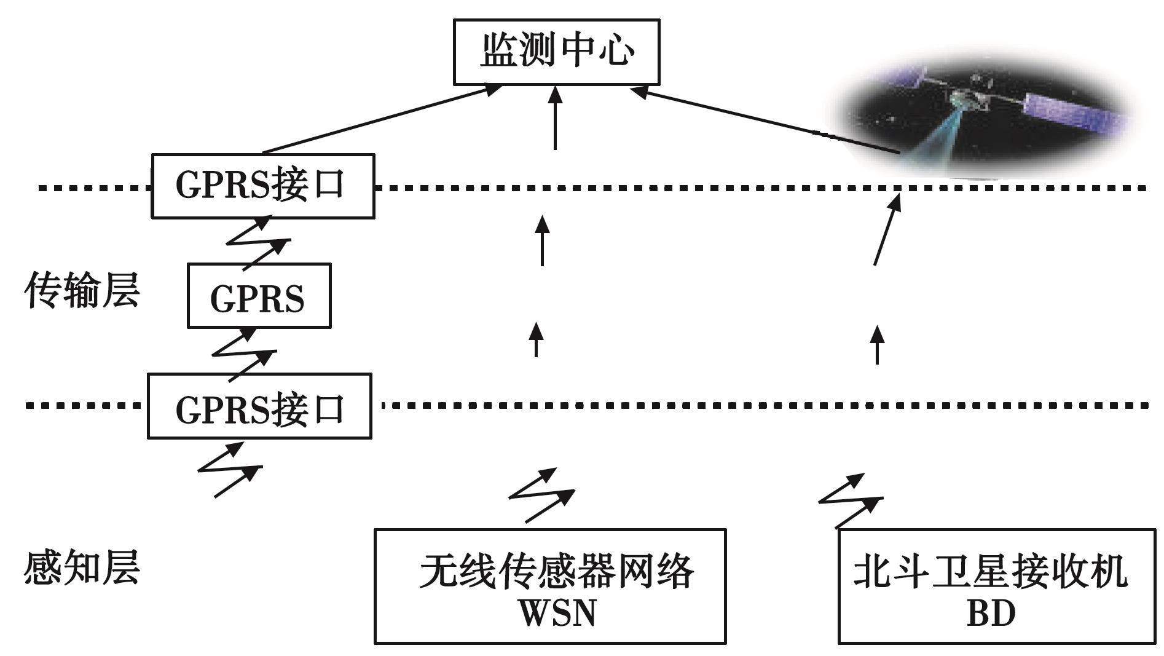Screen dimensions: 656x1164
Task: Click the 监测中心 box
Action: pyautogui.click(x=556, y=52)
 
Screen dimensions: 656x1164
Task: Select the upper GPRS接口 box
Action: pyautogui.click(x=262, y=186)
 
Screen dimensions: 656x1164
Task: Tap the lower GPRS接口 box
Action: pyautogui.click(x=259, y=406)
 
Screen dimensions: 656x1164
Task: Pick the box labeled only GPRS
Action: pyautogui.click(x=259, y=296)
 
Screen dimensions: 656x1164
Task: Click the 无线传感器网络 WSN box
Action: pyautogui.click(x=550, y=586)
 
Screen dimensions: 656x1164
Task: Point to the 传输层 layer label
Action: pyautogui.click(x=82, y=290)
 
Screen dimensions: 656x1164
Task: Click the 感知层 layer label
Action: pyautogui.click(x=82, y=566)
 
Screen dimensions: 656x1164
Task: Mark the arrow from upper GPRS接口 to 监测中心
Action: pyautogui.click(x=381, y=119)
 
